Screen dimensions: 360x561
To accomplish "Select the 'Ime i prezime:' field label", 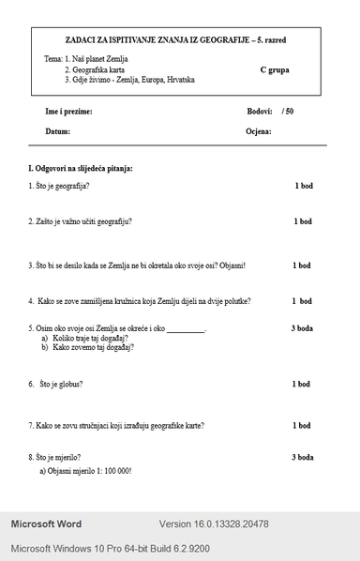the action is (x=68, y=112).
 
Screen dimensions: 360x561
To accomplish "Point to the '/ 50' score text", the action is (x=287, y=112).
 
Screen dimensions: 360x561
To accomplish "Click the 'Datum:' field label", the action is (x=57, y=131).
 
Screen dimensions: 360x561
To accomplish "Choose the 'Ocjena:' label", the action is (x=259, y=131).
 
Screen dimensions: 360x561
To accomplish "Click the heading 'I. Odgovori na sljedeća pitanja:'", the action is (x=81, y=168).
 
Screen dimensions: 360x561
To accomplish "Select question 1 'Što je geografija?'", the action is (x=59, y=186).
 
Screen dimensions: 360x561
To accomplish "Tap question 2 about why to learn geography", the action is (x=80, y=221).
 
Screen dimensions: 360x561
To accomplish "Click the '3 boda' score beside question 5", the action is (x=301, y=328).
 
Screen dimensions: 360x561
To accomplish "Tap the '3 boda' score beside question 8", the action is (x=301, y=457).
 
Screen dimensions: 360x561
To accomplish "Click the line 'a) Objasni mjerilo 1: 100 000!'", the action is (x=85, y=470).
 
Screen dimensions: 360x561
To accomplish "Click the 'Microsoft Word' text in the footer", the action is (x=46, y=523).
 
